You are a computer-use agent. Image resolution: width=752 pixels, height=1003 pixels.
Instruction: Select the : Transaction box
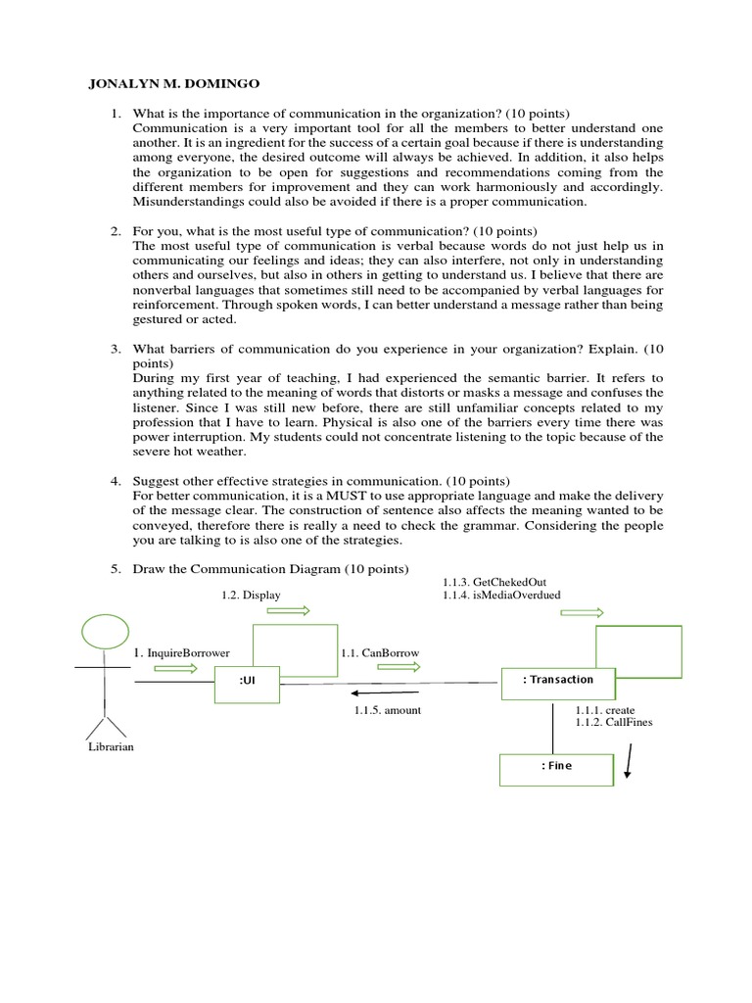(x=558, y=681)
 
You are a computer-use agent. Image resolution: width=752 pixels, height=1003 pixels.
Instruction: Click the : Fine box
(x=556, y=768)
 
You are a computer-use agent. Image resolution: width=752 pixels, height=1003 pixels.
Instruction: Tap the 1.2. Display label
(x=250, y=595)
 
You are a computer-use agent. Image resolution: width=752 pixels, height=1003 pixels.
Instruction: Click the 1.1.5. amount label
(x=388, y=710)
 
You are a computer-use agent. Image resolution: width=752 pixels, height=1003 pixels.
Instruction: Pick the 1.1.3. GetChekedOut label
(x=488, y=580)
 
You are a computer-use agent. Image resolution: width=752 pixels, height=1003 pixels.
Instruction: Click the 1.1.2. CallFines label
(x=614, y=722)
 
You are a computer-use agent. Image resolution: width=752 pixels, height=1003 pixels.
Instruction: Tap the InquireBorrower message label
(x=177, y=652)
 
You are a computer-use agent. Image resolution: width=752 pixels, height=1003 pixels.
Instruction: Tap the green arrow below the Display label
(x=288, y=611)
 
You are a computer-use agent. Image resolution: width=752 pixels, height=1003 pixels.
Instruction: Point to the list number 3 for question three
(x=115, y=348)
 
